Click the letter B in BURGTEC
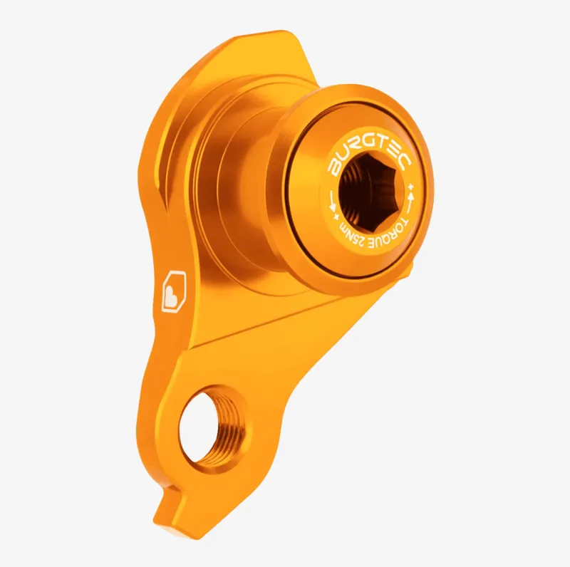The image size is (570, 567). tap(334, 168)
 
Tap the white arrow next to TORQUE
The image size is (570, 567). tap(411, 203)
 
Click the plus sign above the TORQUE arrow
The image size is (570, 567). tap(413, 187)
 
